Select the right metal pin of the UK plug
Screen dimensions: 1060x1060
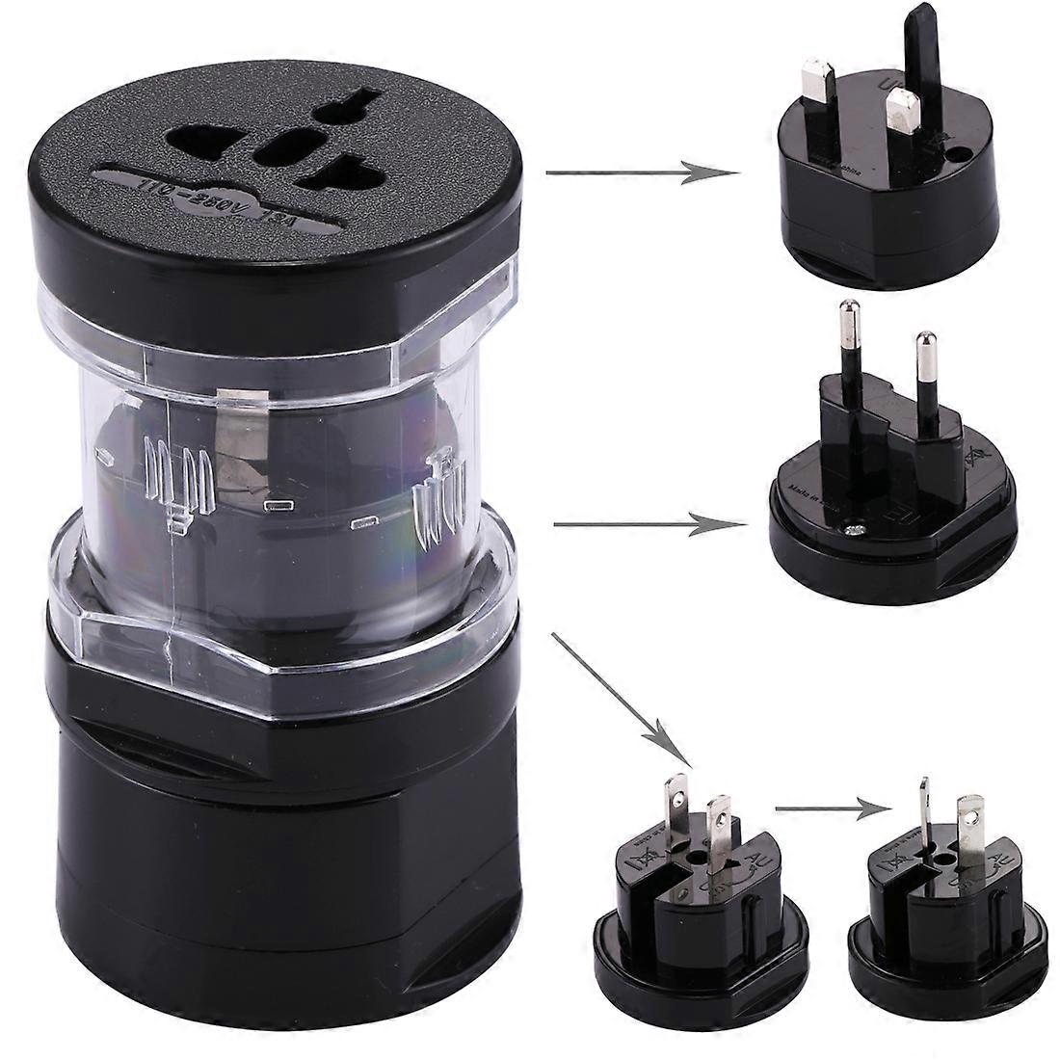[x=905, y=111]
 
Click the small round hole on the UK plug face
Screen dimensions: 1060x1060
[x=961, y=153]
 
